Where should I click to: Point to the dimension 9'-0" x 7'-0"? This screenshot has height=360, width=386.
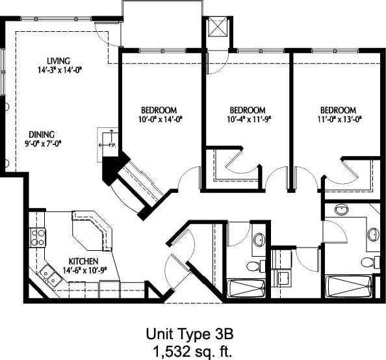click(x=47, y=142)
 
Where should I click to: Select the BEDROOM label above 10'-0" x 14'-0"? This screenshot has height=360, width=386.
click(x=159, y=110)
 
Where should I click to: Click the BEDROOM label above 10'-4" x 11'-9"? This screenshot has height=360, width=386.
click(x=248, y=110)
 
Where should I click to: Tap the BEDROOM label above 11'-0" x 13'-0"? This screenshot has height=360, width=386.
click(x=337, y=110)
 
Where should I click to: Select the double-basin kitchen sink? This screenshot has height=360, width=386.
click(x=49, y=277)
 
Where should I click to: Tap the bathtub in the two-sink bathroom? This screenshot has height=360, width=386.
click(x=350, y=287)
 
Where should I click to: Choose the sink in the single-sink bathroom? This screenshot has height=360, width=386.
click(x=259, y=240)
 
